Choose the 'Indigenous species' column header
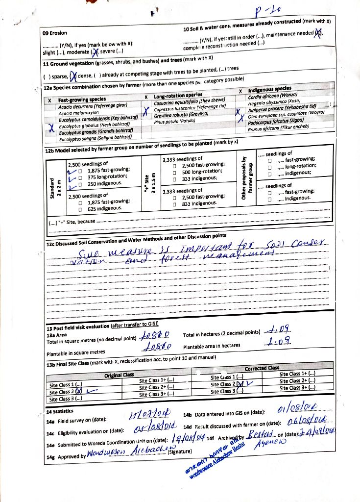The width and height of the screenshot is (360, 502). click(x=270, y=89)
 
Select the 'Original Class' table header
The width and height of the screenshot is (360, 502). click(x=119, y=375)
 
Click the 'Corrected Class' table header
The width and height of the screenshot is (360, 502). click(x=262, y=368)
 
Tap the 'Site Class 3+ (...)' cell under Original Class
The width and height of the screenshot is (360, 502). click(x=157, y=394)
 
